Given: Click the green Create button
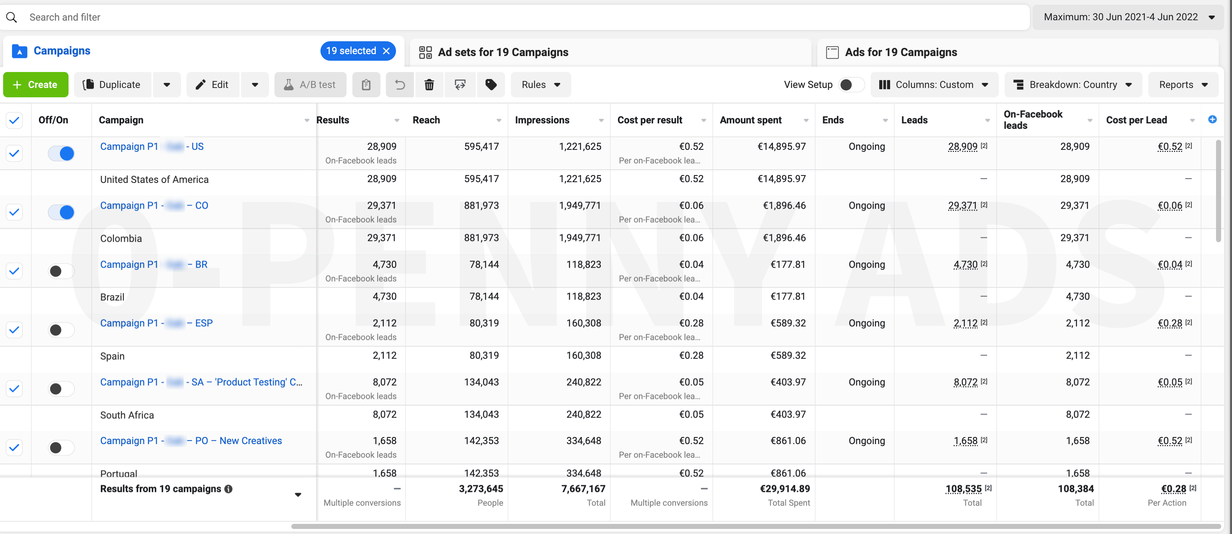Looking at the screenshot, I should (36, 84).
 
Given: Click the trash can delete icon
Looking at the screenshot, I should (429, 84).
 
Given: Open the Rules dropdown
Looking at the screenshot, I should (540, 84).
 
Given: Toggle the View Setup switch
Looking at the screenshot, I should (850, 84).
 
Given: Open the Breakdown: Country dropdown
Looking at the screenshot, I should (1073, 84).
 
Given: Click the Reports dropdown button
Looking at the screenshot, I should (1182, 84).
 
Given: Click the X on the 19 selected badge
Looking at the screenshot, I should (386, 51).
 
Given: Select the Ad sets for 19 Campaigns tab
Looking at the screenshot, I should (503, 52).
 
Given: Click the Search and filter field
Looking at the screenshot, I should (478, 17).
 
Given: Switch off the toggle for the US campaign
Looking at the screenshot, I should (61, 153).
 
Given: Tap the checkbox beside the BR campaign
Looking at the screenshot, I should (15, 271).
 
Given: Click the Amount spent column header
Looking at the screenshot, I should (750, 120).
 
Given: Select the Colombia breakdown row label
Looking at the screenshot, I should (121, 239).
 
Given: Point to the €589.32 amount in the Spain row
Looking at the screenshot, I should (788, 356).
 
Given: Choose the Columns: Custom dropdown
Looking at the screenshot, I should (934, 84).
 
